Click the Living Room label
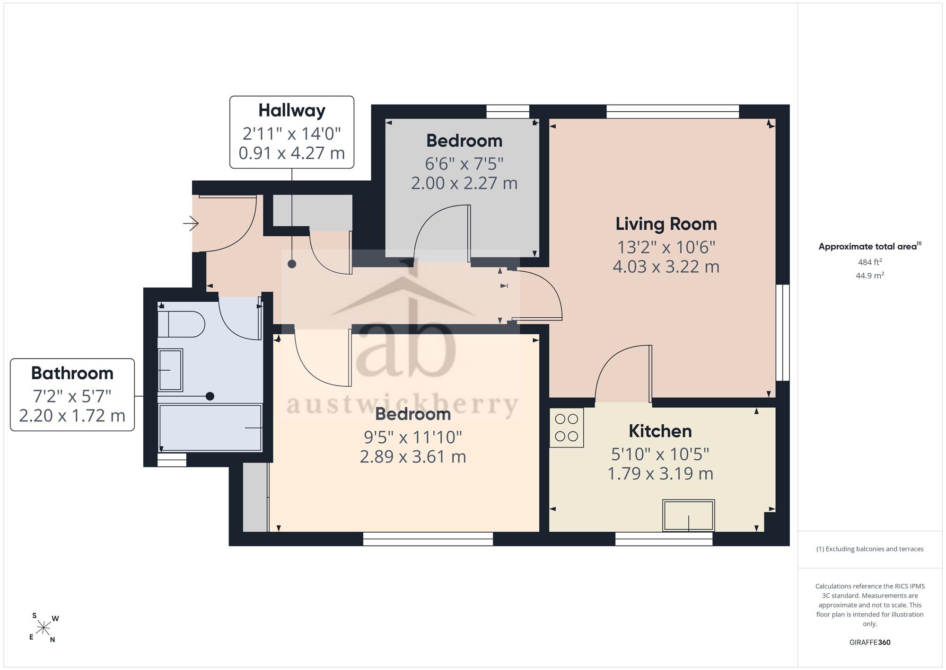(x=666, y=224)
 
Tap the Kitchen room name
(x=660, y=431)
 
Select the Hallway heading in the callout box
(x=292, y=110)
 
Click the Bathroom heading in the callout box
(x=72, y=373)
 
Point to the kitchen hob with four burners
(x=567, y=427)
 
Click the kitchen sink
(x=688, y=515)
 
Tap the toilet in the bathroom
(x=181, y=324)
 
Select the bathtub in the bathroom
(x=210, y=428)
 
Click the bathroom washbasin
(x=170, y=370)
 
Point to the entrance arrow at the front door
(x=191, y=223)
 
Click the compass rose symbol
(x=44, y=628)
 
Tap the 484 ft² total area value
(x=870, y=262)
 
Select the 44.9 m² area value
(x=870, y=275)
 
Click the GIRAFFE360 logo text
(x=870, y=642)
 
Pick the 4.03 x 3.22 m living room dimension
(x=666, y=267)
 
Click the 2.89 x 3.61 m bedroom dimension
(x=413, y=456)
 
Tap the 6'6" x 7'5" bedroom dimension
(x=464, y=164)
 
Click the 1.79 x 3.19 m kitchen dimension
(x=660, y=473)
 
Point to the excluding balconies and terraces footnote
(x=870, y=549)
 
